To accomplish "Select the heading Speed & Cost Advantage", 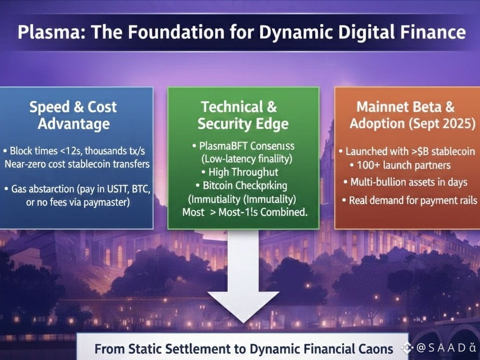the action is click(x=73, y=115).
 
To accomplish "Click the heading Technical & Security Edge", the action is click(x=243, y=115).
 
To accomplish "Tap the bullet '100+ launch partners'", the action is click(x=403, y=165).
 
